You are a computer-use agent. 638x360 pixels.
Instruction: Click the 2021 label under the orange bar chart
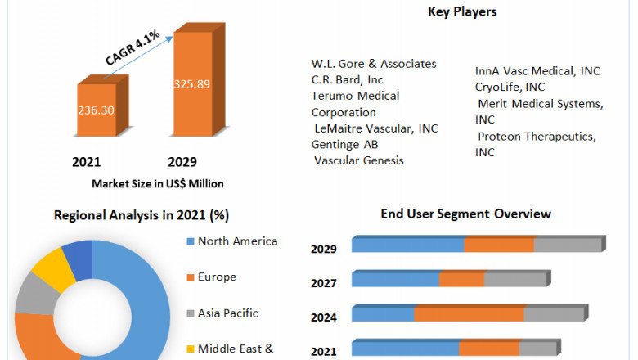(87, 162)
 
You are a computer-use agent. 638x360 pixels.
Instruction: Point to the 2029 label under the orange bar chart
(182, 162)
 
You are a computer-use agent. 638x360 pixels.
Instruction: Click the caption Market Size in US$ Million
(158, 183)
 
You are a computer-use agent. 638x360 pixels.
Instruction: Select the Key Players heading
(462, 11)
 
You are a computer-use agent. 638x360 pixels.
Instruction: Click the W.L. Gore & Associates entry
(374, 64)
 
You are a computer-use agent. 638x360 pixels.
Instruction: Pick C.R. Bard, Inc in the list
(348, 79)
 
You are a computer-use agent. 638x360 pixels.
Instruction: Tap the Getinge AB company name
(344, 144)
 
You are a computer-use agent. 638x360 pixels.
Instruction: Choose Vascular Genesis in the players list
(359, 160)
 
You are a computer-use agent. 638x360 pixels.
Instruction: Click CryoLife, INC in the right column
(510, 87)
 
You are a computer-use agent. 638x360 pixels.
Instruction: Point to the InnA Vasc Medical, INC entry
(537, 71)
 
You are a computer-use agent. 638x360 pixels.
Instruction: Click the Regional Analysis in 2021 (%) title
(142, 216)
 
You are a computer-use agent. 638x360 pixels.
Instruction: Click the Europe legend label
(217, 277)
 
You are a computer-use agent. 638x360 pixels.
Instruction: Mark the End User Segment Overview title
(466, 214)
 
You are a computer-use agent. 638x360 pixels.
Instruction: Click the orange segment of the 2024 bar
(469, 314)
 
